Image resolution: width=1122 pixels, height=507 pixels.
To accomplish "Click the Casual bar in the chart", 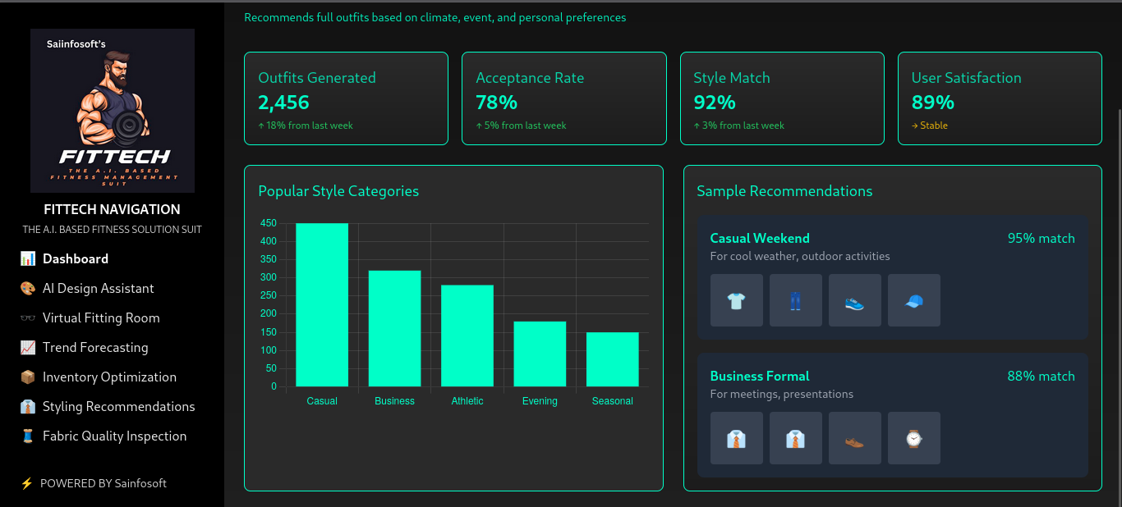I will click(322, 304).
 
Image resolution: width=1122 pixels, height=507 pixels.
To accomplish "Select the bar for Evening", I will click(540, 354).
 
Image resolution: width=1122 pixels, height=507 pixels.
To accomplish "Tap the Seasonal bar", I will click(612, 359).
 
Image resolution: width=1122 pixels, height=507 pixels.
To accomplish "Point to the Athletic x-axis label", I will click(467, 401).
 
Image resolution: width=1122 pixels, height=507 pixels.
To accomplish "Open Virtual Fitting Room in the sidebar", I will click(101, 318).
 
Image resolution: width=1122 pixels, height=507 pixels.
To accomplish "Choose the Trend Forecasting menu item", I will click(95, 348).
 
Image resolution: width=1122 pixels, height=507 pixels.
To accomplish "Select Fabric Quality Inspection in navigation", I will click(114, 436).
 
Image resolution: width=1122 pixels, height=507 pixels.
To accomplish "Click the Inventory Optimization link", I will click(109, 377).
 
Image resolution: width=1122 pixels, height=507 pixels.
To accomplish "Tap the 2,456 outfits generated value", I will click(283, 103).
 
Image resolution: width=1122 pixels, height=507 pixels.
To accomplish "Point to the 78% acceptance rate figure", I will click(496, 103).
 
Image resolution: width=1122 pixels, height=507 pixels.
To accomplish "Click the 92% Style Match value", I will click(714, 103).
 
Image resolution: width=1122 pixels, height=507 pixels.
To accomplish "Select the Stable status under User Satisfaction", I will click(930, 126).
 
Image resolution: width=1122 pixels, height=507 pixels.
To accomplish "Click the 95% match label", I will click(1041, 239).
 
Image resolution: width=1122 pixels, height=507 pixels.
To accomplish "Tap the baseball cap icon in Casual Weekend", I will click(913, 301).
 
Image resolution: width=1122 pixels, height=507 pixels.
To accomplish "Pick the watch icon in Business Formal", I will click(913, 439).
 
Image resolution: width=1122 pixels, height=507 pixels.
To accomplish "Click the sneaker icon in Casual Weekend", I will click(854, 301).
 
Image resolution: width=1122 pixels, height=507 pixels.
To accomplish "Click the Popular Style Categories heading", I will click(338, 191).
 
